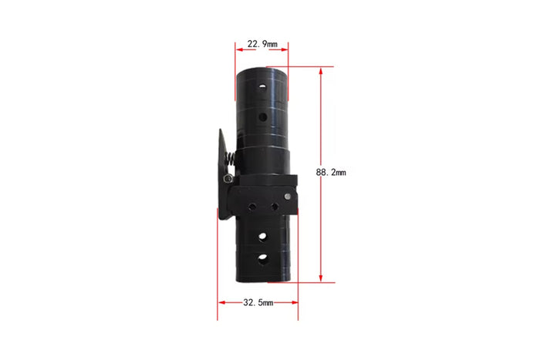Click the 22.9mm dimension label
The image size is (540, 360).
pyautogui.click(x=262, y=44)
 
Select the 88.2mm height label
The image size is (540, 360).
pyautogui.click(x=331, y=172)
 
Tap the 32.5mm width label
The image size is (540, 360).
pyautogui.click(x=258, y=302)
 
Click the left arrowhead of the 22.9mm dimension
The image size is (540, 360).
pyautogui.click(x=240, y=49)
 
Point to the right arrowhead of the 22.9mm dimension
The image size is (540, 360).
pyautogui.click(x=284, y=49)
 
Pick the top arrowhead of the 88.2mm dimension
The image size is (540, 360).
pyautogui.click(x=321, y=71)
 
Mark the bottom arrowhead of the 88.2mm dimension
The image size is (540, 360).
pyautogui.click(x=321, y=278)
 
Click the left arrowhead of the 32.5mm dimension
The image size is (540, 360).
pyautogui.click(x=222, y=302)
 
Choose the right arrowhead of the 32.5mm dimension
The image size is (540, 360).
pyautogui.click(x=295, y=302)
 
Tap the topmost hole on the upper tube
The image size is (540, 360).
pyautogui.click(x=263, y=87)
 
